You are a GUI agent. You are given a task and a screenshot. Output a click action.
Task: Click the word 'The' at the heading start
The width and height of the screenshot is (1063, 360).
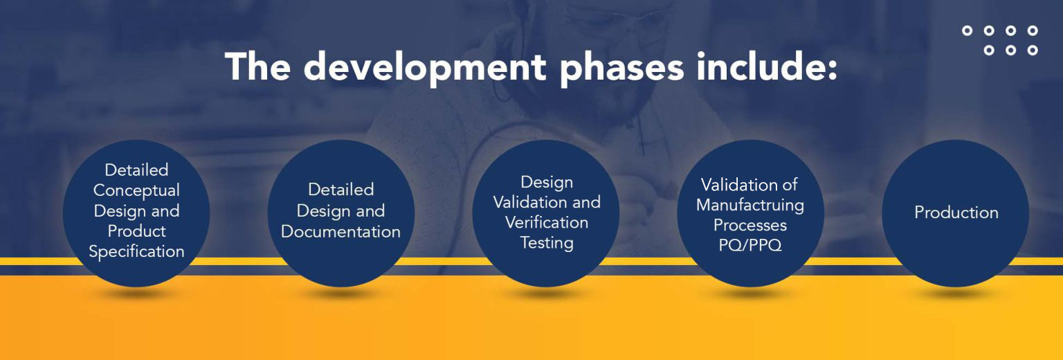tap(259, 66)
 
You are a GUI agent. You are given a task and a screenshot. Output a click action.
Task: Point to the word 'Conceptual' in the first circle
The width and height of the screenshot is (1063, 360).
tap(136, 190)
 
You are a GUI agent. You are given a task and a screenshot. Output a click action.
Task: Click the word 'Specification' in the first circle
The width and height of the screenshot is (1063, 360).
tap(136, 251)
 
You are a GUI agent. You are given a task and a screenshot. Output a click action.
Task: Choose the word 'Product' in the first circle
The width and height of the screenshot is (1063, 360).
tap(136, 231)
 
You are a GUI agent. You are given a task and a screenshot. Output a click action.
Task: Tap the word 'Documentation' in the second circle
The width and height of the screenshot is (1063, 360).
tap(340, 232)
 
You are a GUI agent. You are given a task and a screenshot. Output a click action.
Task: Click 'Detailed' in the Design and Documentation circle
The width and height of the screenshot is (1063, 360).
tap(340, 190)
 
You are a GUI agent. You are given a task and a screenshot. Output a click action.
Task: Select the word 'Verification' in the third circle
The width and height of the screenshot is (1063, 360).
tap(547, 223)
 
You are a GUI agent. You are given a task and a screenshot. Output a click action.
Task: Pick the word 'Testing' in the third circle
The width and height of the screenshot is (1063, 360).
tap(547, 243)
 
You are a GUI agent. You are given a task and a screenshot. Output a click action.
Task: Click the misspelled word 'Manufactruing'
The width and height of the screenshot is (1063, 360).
tap(750, 206)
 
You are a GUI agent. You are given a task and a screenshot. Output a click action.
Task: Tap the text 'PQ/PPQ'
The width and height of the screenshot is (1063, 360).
tap(750, 246)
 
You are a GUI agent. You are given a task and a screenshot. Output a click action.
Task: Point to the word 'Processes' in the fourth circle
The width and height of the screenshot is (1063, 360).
tap(750, 226)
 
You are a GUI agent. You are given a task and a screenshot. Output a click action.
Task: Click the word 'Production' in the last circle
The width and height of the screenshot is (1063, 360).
tap(956, 213)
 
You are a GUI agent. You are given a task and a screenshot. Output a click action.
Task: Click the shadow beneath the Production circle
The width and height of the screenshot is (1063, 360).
tap(955, 294)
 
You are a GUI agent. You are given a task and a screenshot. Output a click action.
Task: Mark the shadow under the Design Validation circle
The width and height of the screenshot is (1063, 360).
tap(546, 294)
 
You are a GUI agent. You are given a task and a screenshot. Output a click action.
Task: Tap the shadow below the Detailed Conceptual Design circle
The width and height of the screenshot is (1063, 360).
tap(136, 294)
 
